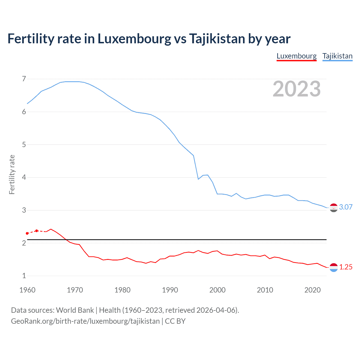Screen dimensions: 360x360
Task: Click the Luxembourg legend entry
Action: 296,56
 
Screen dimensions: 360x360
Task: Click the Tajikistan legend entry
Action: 337,56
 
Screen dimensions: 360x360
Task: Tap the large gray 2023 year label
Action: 296,89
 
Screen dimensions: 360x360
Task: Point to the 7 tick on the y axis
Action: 24,79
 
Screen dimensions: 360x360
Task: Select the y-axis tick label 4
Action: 24,177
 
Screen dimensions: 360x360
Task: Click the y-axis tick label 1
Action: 24,276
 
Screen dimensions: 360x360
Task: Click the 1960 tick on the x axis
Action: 27,290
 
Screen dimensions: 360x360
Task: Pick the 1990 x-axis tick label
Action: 170,290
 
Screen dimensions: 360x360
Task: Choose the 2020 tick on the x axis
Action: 312,290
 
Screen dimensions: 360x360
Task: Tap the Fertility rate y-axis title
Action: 12,174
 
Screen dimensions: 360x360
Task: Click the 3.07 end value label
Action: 346,207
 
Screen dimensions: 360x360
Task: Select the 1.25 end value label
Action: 346,267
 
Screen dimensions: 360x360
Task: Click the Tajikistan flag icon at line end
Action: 334,208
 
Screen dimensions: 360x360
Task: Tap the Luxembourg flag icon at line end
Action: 334,267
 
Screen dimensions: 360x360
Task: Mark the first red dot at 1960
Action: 27,233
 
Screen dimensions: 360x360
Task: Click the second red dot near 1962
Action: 37,231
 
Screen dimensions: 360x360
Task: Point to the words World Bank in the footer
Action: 75,310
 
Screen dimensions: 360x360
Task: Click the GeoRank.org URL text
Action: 85,321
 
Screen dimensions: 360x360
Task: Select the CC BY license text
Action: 175,321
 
